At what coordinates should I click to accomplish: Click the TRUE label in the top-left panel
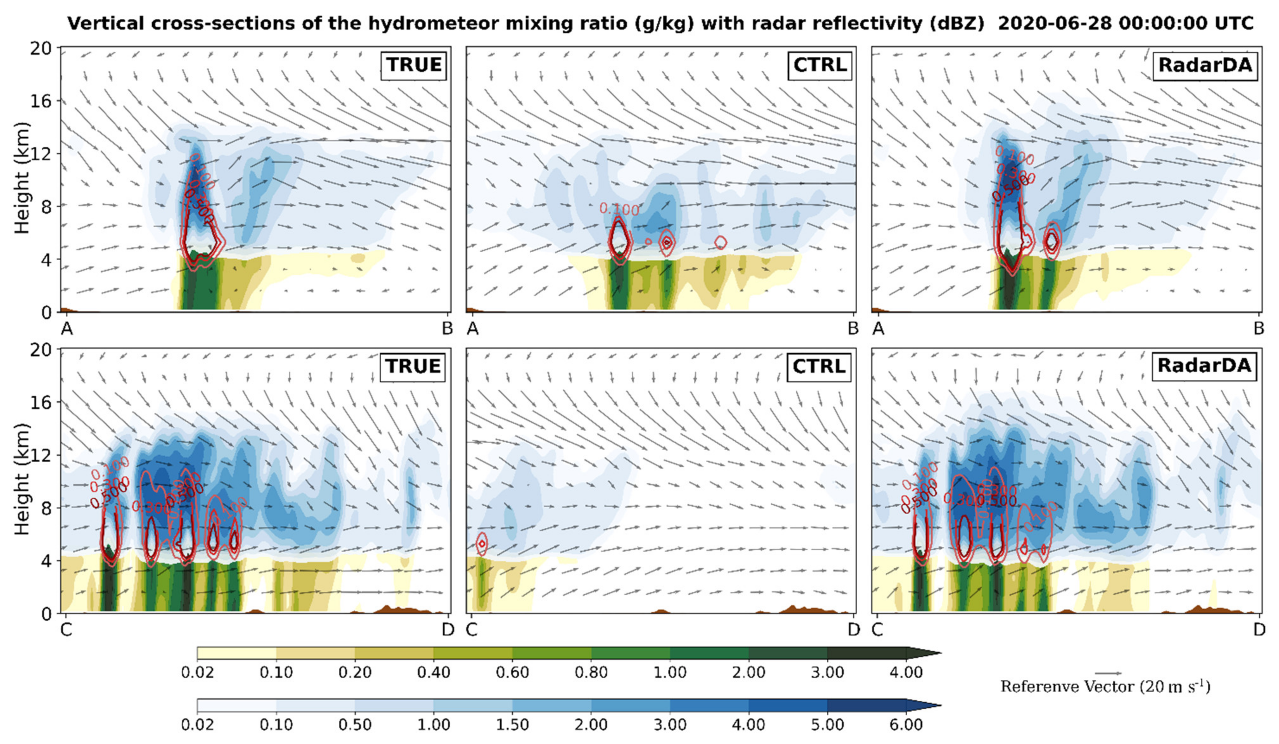coord(413,65)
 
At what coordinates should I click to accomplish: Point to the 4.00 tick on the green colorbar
coord(906,672)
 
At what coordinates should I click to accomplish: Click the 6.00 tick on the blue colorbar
coord(906,724)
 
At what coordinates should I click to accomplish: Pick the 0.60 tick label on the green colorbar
coord(513,672)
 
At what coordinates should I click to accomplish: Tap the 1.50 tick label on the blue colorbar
coord(513,724)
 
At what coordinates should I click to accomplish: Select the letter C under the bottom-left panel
coord(66,630)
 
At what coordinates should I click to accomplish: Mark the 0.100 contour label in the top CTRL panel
coord(619,208)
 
